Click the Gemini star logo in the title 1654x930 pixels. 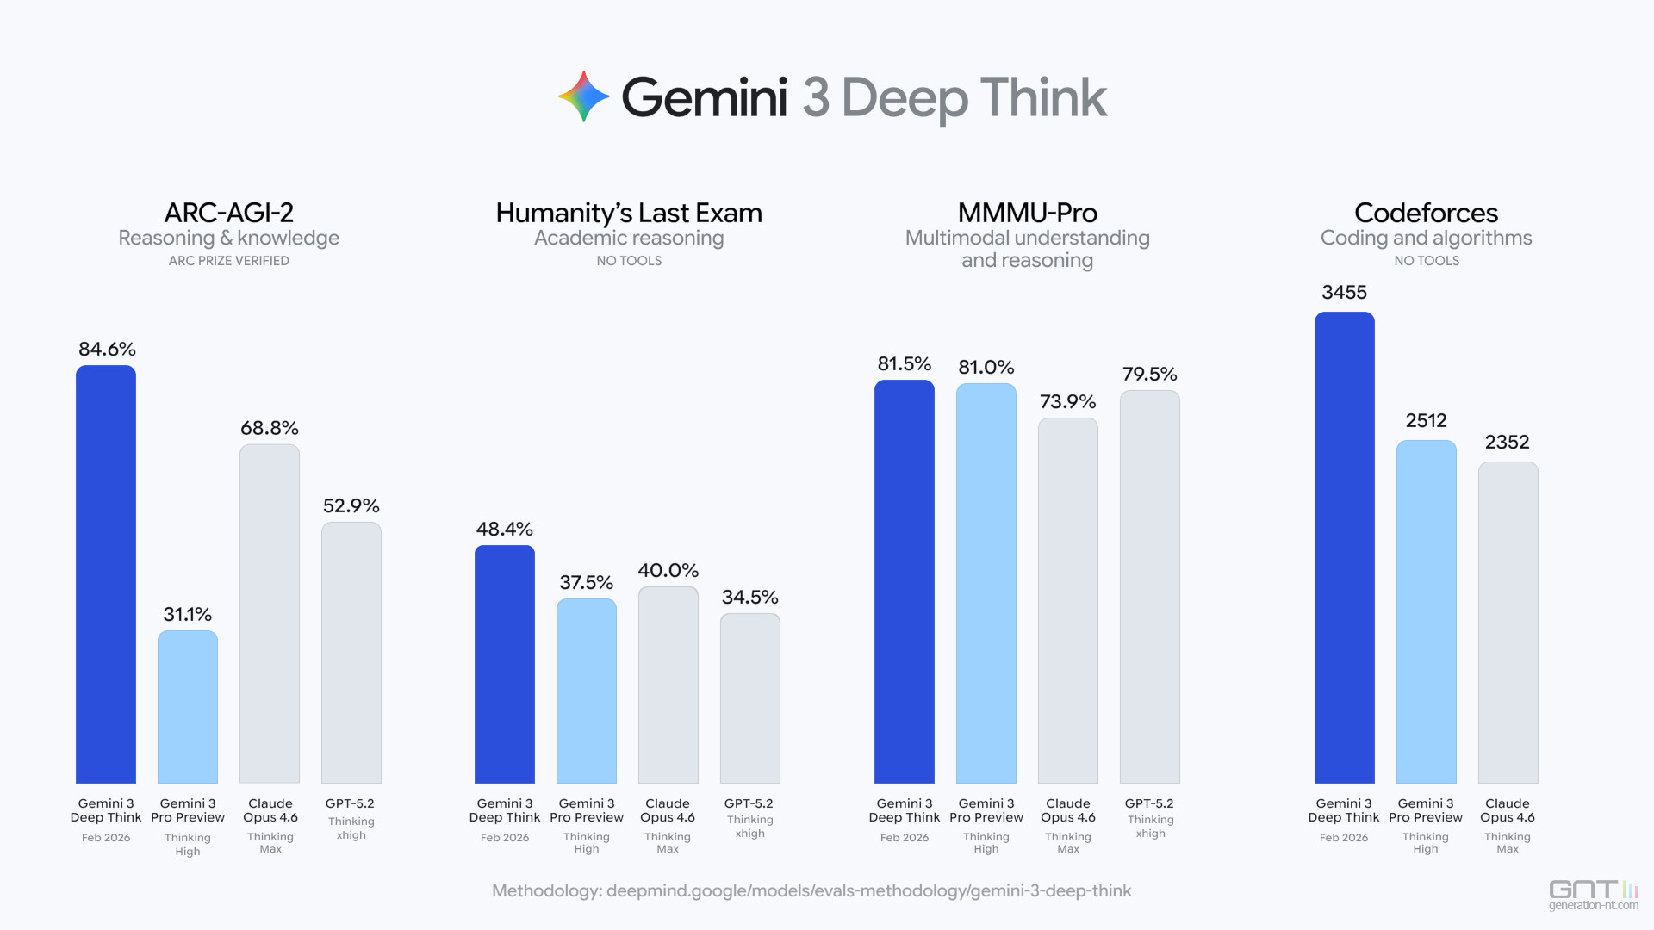click(x=583, y=96)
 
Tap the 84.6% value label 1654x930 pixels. click(x=107, y=349)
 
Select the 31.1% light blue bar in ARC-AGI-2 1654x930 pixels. click(x=188, y=706)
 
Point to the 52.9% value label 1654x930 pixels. click(x=351, y=505)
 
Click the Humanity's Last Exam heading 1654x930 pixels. click(x=629, y=213)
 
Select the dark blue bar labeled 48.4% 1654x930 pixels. click(x=505, y=664)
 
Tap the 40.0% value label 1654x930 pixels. click(x=668, y=570)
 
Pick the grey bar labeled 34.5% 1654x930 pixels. click(x=750, y=697)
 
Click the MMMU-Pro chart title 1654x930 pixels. click(x=1027, y=213)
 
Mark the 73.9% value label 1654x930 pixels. click(x=1067, y=401)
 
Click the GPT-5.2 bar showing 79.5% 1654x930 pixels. click(x=1150, y=586)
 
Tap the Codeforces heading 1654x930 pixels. click(x=1426, y=213)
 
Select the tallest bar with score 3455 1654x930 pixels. click(x=1345, y=547)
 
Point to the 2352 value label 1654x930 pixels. click(x=1507, y=442)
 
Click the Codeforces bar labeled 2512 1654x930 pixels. click(x=1427, y=611)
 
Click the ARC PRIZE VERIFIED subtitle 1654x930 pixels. click(x=229, y=261)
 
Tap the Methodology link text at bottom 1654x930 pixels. click(x=811, y=890)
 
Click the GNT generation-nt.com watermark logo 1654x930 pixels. click(x=1593, y=895)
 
